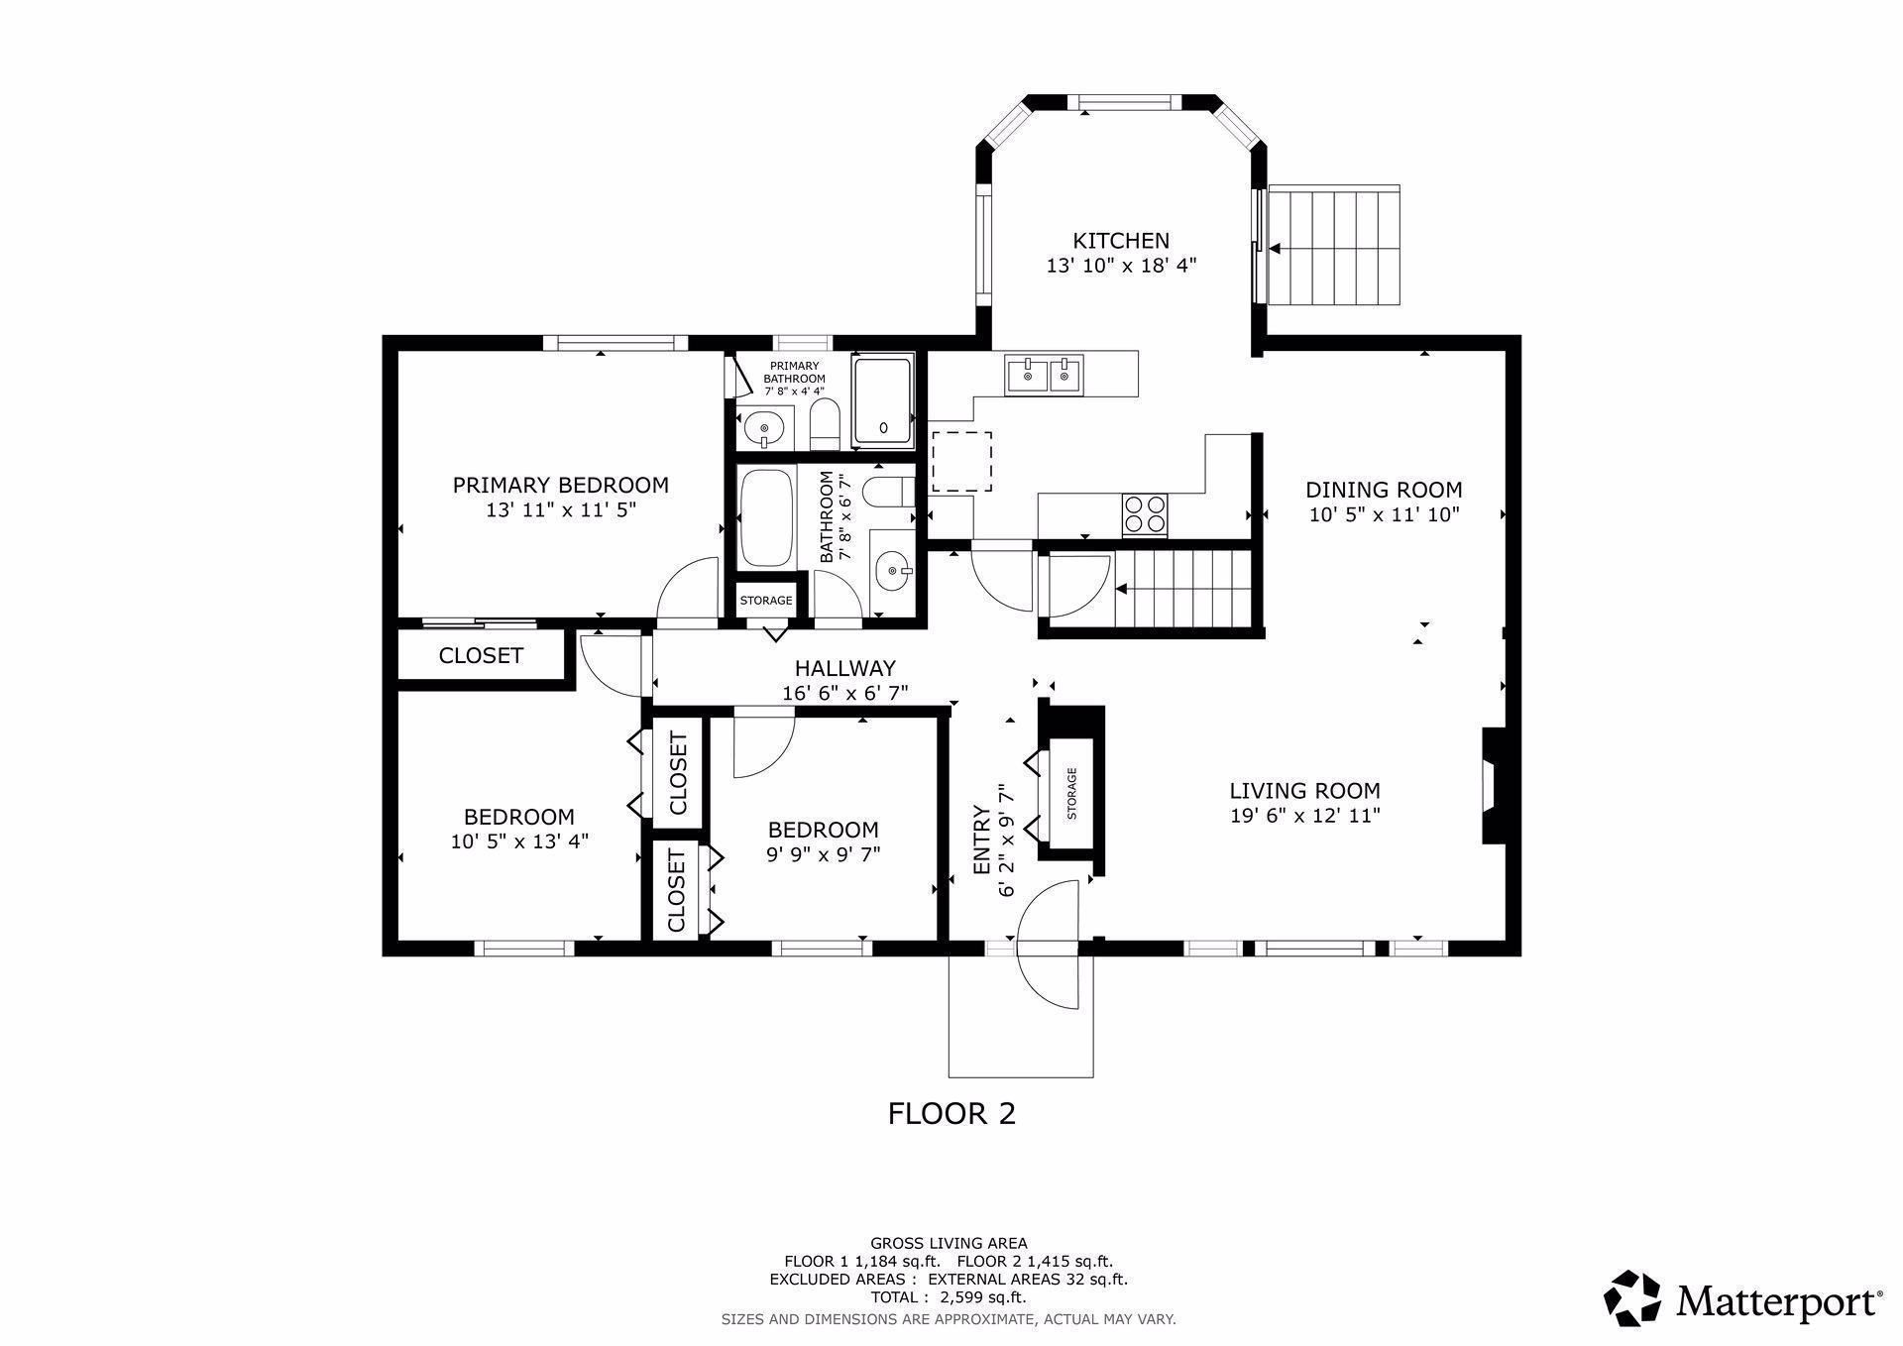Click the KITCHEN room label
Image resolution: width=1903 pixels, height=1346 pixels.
point(1121,241)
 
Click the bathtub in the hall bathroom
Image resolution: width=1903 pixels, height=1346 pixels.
point(766,517)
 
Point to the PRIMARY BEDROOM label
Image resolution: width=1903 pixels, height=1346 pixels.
point(560,485)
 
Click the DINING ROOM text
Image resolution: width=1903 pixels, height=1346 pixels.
point(1384,490)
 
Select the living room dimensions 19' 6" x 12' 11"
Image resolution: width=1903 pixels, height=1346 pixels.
point(1304,816)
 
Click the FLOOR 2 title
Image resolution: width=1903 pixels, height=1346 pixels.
point(951,1114)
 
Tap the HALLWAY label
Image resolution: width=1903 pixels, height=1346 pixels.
point(844,668)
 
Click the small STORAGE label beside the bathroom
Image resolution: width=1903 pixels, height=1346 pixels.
point(766,601)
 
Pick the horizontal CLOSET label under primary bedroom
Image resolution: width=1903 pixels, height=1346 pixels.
point(481,656)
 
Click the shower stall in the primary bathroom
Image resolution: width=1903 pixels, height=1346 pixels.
point(882,400)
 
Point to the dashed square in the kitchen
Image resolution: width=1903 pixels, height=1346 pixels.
point(961,461)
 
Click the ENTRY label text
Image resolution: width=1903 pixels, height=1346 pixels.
point(982,841)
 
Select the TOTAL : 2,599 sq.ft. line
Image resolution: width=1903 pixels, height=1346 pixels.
point(949,1297)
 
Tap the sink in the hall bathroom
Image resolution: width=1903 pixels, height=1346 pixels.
point(895,570)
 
